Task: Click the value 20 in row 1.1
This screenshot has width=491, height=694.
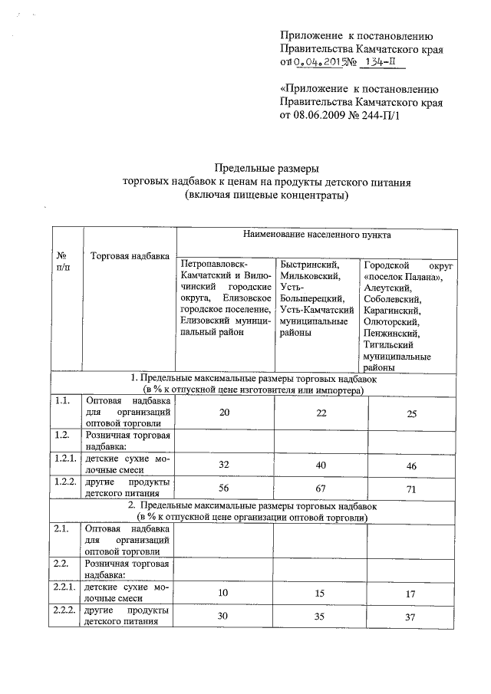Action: click(x=224, y=413)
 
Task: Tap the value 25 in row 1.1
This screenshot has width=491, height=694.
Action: click(x=410, y=414)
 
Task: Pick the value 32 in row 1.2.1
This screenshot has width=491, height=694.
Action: click(x=224, y=464)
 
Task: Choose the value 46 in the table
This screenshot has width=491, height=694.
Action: click(x=410, y=465)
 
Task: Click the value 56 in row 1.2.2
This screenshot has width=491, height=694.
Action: click(x=224, y=488)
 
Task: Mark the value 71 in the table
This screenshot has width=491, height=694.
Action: click(x=410, y=489)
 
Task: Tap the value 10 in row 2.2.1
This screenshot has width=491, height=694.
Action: click(x=224, y=593)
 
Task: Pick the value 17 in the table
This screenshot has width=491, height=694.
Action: click(x=410, y=594)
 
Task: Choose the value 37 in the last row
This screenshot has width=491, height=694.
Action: click(x=410, y=617)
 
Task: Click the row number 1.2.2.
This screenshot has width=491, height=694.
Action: click(x=65, y=482)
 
